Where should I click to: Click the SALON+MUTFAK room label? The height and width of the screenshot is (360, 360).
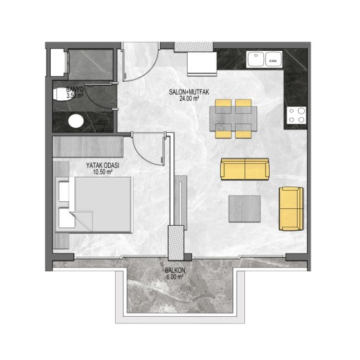[189, 92]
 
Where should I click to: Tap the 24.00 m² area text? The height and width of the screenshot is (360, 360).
[189, 99]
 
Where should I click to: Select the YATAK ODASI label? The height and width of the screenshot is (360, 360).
[102, 165]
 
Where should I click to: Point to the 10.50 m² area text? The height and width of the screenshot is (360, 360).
[102, 172]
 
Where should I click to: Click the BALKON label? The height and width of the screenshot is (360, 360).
[175, 270]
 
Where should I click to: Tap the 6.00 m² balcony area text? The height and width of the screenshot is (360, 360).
[175, 277]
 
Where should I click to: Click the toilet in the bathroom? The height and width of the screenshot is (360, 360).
[59, 95]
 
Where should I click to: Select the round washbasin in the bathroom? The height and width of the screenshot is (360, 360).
[76, 121]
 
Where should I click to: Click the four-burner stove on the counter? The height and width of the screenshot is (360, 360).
[296, 115]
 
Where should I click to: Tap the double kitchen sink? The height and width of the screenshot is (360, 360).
[264, 59]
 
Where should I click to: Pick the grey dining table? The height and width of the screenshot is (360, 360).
[234, 119]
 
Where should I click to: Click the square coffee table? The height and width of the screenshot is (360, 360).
[244, 209]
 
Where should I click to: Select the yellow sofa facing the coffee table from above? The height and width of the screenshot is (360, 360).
[245, 169]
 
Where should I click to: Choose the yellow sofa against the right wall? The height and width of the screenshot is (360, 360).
[291, 208]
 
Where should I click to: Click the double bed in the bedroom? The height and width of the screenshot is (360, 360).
[94, 205]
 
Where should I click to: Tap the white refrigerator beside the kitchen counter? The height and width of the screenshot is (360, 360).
[202, 64]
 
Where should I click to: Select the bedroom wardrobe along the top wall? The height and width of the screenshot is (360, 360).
[88, 146]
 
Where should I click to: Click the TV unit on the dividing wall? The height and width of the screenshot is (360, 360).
[181, 203]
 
